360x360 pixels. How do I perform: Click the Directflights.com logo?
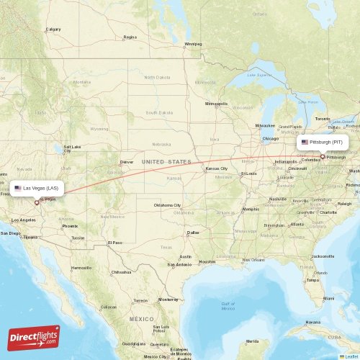(x=34, y=337)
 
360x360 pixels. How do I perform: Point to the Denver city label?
(x=127, y=162)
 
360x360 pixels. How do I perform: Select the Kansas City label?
(x=216, y=168)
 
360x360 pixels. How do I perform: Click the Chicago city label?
(x=270, y=138)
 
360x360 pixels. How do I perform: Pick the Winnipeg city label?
(x=193, y=44)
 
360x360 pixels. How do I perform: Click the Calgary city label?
(x=53, y=30)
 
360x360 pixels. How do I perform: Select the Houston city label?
(x=207, y=261)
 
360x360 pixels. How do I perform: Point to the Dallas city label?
(x=193, y=233)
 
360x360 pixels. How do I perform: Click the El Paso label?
(x=114, y=243)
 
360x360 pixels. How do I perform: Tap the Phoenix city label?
(x=70, y=226)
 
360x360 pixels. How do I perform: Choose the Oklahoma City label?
(x=168, y=205)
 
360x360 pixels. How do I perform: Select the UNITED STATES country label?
(x=167, y=163)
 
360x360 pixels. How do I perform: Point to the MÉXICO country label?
(x=142, y=318)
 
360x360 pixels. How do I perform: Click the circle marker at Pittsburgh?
(x=323, y=156)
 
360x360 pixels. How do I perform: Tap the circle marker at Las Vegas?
(x=37, y=202)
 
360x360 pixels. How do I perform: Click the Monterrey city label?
(x=168, y=299)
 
